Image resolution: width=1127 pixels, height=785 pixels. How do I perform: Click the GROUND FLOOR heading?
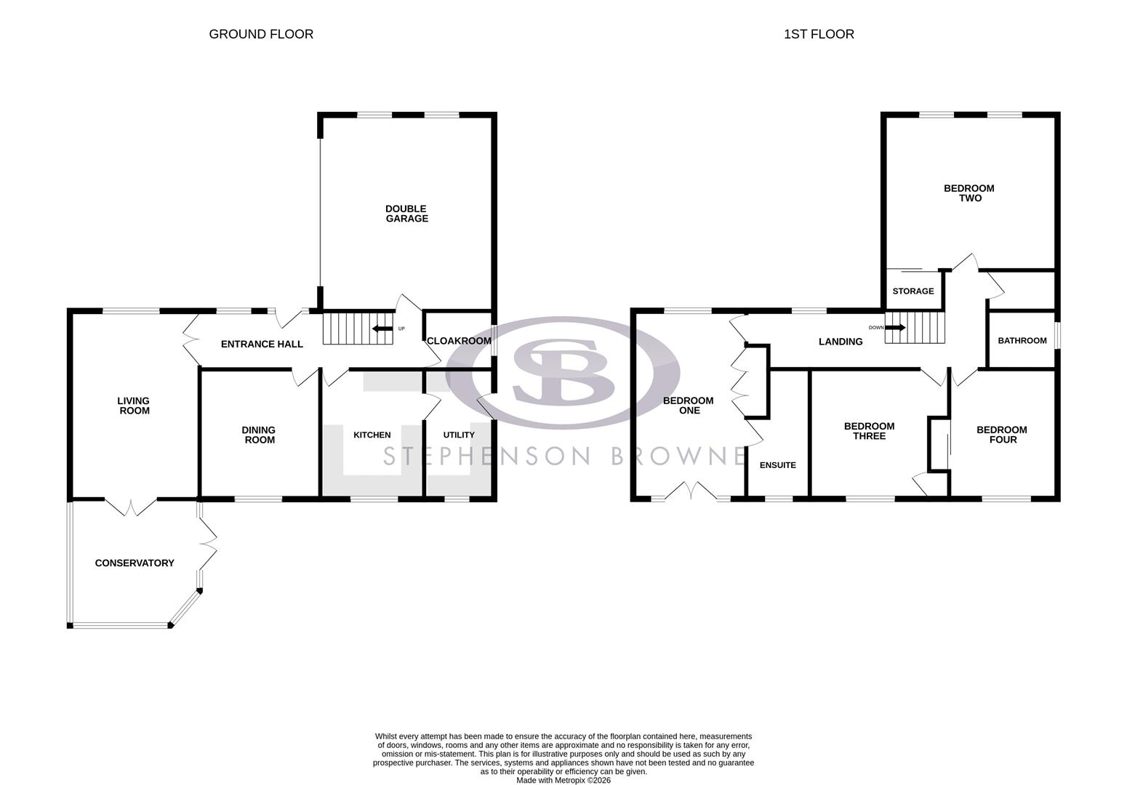[x=261, y=34]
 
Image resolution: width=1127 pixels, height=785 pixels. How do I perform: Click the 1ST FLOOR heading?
[x=819, y=34]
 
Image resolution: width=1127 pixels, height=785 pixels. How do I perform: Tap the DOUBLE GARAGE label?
[x=406, y=214]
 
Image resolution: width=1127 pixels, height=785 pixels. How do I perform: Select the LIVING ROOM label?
[x=134, y=406]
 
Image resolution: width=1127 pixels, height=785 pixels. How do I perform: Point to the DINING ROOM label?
[x=260, y=435]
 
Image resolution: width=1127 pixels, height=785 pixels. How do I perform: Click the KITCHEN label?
[x=372, y=435]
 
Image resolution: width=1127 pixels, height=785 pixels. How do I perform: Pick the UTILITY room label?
[x=459, y=435]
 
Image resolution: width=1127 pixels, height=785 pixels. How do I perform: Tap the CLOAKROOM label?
[x=459, y=341]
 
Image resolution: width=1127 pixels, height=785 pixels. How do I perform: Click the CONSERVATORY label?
[x=135, y=563]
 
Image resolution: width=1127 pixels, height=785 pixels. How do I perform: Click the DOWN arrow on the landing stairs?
[x=895, y=328]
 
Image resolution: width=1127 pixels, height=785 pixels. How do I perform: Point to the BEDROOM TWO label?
[x=968, y=193]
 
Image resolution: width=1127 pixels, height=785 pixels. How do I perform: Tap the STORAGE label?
[x=913, y=291]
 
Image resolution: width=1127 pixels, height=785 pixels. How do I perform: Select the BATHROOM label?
[x=1022, y=341]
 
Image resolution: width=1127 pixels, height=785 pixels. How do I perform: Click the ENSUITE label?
[x=777, y=465]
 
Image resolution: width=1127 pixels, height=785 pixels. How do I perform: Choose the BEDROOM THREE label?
[x=869, y=431]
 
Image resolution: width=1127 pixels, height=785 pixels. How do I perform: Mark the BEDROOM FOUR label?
[x=1002, y=435]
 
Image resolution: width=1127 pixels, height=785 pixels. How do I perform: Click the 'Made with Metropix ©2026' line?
[x=563, y=781]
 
